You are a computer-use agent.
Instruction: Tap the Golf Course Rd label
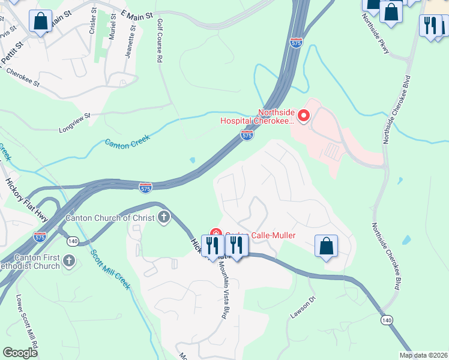tap(160, 41)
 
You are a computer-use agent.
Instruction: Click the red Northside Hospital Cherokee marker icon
tap(304, 115)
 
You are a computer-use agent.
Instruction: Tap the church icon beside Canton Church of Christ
tap(164, 217)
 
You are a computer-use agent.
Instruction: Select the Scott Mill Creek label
tap(110, 269)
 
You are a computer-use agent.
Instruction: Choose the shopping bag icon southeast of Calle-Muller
tap(326, 245)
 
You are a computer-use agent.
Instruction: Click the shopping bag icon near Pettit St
tap(40, 21)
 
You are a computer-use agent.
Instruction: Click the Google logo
tap(20, 353)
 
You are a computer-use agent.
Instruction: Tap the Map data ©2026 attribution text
tap(423, 355)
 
